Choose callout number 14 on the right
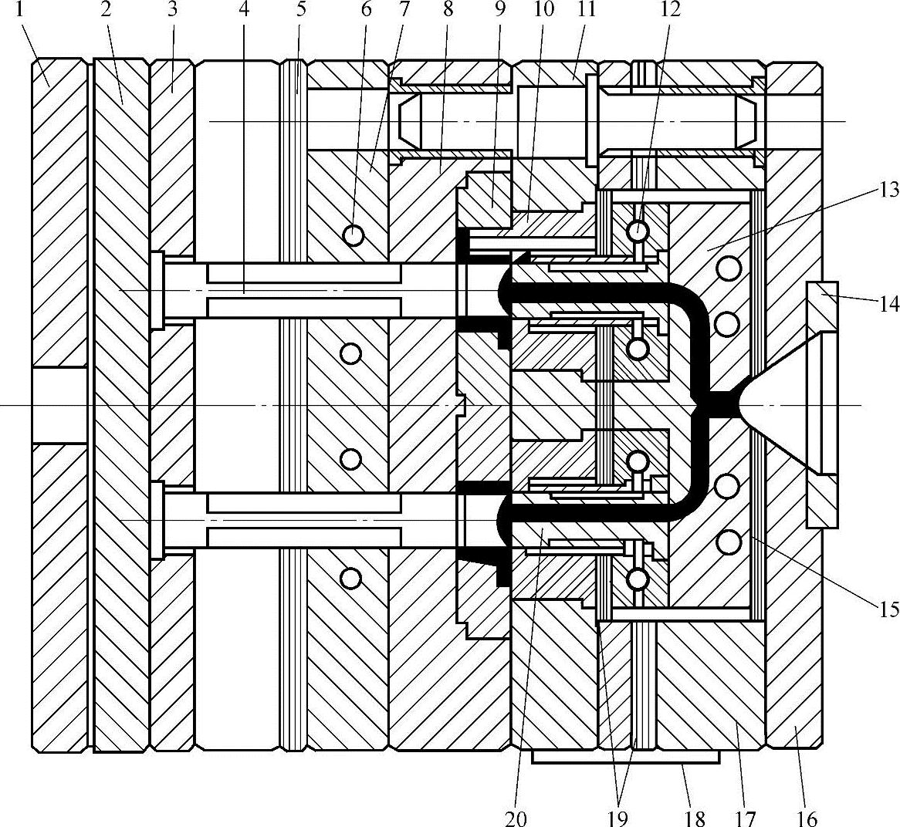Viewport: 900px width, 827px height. pos(888,303)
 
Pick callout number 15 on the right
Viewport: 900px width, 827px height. pos(888,609)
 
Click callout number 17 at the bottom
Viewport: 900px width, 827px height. pos(745,816)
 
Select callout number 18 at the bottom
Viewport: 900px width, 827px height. pos(695,816)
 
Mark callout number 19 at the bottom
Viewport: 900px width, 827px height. pos(617,816)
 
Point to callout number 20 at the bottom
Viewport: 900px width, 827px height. pos(516,816)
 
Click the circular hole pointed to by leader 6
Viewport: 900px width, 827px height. pos(354,235)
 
